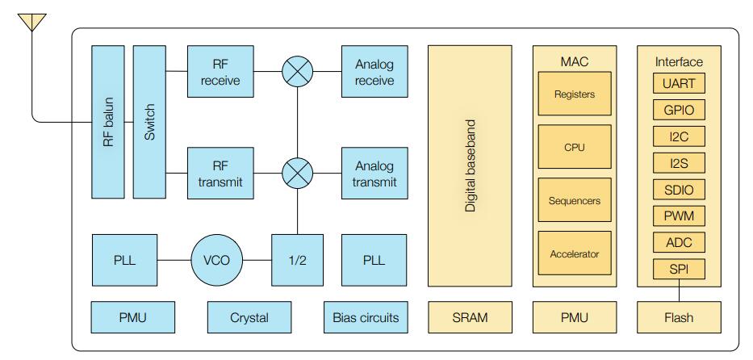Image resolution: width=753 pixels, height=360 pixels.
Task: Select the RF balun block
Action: (x=108, y=122)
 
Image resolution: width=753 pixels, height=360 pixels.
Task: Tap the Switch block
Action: (x=149, y=122)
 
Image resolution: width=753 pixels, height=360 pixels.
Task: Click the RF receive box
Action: (x=220, y=71)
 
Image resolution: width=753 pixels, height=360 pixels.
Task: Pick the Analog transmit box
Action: (x=374, y=174)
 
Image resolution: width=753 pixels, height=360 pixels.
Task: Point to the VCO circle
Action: (x=217, y=261)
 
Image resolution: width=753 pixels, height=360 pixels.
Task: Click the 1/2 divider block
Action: (x=298, y=261)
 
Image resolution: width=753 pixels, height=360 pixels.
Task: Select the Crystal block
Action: (x=249, y=317)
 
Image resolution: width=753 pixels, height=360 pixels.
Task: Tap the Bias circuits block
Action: (x=366, y=317)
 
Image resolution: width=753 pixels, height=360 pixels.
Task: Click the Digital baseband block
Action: (x=469, y=165)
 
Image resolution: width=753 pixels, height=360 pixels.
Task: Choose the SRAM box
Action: (x=469, y=317)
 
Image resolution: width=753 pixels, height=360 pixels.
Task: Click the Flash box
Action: (x=679, y=317)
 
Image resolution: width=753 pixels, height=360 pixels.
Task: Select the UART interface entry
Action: (x=678, y=83)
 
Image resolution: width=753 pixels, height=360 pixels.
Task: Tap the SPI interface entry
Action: (x=678, y=268)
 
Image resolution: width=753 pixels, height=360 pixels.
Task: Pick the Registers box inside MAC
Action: (x=574, y=94)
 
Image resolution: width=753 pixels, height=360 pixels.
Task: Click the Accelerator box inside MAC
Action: (x=574, y=254)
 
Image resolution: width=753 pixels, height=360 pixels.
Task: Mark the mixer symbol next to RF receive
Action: (x=298, y=72)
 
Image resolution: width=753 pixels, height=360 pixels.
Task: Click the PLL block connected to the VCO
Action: (x=123, y=261)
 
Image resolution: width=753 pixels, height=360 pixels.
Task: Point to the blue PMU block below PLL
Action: (x=123, y=317)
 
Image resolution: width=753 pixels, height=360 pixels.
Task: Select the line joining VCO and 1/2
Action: (x=257, y=261)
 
